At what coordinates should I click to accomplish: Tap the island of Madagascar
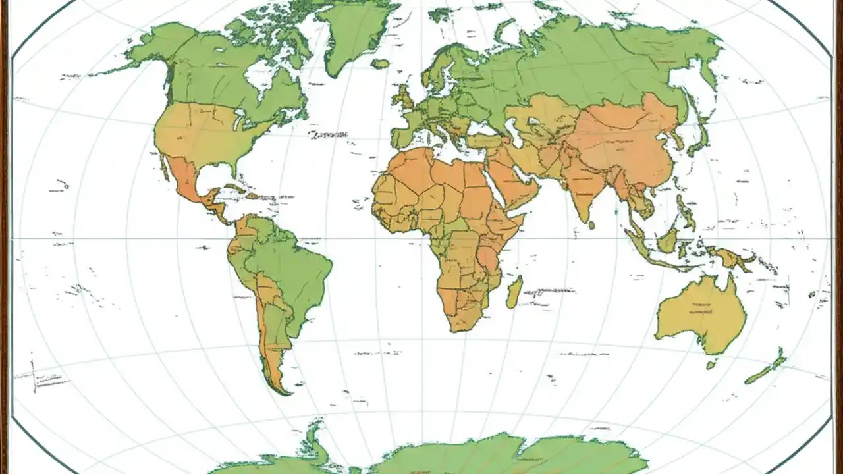pyautogui.click(x=514, y=292)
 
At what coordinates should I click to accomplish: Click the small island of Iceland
pyautogui.click(x=381, y=64)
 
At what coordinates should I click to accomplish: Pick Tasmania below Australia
pyautogui.click(x=711, y=364)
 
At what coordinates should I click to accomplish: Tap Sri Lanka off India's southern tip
pyautogui.click(x=591, y=225)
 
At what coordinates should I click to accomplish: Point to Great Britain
pyautogui.click(x=403, y=99)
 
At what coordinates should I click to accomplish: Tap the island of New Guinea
pyautogui.click(x=731, y=257)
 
